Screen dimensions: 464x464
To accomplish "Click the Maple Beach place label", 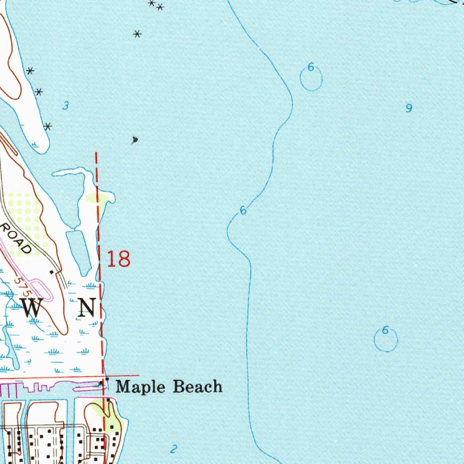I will point(169,387).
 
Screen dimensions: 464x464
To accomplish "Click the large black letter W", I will point(32,308).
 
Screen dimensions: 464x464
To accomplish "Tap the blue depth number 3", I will point(66,106).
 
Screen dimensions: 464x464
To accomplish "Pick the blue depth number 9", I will point(409,108).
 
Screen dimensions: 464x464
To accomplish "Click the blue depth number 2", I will point(173,449).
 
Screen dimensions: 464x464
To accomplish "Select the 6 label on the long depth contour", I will point(243,210).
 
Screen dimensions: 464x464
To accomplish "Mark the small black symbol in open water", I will point(134,140).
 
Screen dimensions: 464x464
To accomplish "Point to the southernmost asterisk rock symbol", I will point(48,126).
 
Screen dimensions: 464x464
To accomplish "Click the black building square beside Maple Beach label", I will point(107,379).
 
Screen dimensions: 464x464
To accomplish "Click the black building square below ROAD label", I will point(51,271).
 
